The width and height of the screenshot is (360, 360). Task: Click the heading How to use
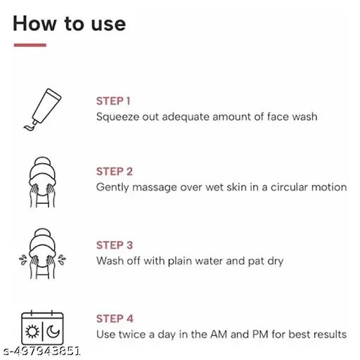[x=69, y=23]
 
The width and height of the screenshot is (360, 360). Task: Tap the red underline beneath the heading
[x=30, y=45]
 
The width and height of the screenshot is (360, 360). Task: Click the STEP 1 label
[x=113, y=101]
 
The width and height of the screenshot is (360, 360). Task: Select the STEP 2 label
[x=115, y=172]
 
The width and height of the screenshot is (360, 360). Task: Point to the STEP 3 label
[x=115, y=245]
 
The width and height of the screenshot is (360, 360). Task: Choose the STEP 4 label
[x=115, y=319]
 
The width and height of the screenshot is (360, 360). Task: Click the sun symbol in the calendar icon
[x=32, y=332]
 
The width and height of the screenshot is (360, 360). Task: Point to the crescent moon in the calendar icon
[x=53, y=332]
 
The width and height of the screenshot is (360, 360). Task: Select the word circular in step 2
[x=288, y=188]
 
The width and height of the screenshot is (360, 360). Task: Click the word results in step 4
[x=328, y=334]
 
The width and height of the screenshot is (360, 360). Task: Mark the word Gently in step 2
[x=112, y=188]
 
